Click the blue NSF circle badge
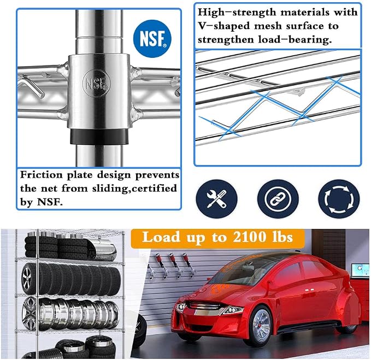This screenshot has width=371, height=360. (152, 39)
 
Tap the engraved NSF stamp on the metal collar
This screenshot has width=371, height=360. (97, 83)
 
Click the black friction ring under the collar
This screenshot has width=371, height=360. (99, 136)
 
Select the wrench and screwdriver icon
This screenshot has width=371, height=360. (216, 199)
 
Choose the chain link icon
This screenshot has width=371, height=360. (278, 199)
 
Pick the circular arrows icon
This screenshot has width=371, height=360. (339, 199)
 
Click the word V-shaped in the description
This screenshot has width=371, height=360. (223, 26)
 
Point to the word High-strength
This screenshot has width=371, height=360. (237, 13)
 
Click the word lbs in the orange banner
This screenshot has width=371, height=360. (284, 237)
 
